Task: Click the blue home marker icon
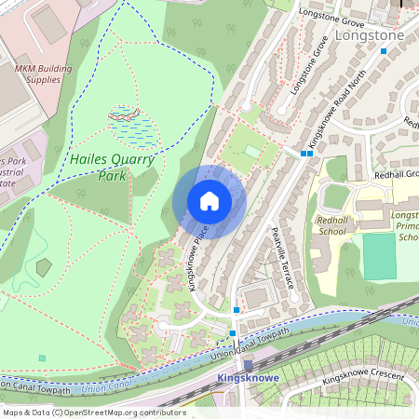click(209, 201)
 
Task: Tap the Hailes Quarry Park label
click(112, 167)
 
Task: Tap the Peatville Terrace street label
click(283, 257)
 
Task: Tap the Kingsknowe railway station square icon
click(248, 365)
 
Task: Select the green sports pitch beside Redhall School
click(379, 257)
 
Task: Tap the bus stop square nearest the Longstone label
click(383, 51)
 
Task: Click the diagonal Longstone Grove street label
click(310, 66)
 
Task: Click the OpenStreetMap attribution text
click(93, 412)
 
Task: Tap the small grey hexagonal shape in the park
click(44, 267)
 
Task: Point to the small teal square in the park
click(40, 357)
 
